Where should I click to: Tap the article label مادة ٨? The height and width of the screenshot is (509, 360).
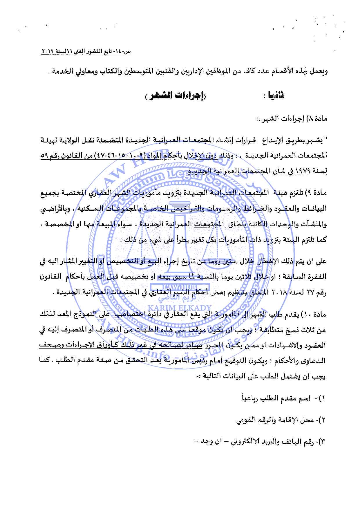pyautogui.click(x=316, y=118)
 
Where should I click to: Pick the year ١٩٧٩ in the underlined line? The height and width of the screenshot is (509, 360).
pyautogui.click(x=305, y=171)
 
